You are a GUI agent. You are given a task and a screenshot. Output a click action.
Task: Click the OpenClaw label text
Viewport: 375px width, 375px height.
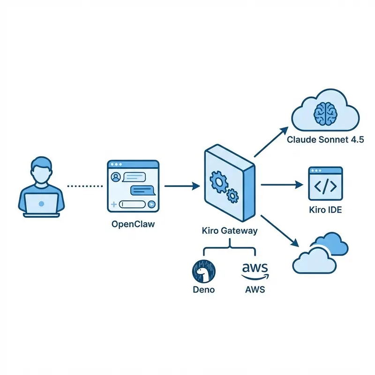click(133, 224)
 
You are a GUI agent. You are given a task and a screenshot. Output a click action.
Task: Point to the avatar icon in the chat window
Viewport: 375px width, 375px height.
click(115, 177)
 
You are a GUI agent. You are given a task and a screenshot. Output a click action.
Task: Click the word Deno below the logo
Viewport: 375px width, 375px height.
click(203, 289)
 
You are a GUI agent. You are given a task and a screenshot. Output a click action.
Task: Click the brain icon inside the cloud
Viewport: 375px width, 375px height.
click(325, 113)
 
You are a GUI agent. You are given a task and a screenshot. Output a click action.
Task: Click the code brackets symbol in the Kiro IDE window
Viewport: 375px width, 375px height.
click(325, 186)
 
